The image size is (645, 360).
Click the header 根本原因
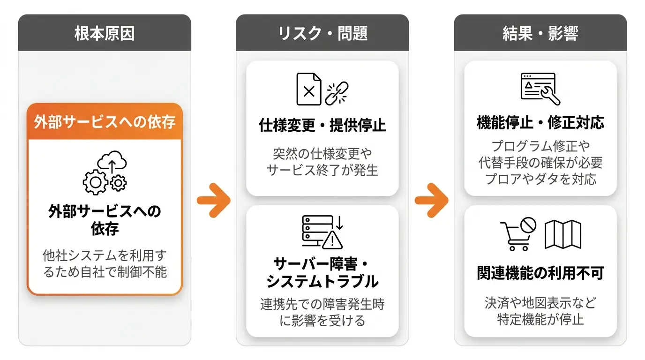point(105,33)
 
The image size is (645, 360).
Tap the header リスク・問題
point(322,33)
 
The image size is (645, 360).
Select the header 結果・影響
point(540,33)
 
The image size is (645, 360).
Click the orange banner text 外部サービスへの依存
point(105,122)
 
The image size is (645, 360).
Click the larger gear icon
point(96,182)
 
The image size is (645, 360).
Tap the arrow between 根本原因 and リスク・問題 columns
point(214,201)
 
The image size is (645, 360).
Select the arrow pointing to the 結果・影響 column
point(432,201)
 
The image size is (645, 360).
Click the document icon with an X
point(309,89)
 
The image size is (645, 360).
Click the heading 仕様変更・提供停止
point(322,125)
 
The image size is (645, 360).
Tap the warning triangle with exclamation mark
point(332,240)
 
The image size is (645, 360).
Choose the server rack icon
point(317,231)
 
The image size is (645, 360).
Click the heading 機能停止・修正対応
point(540,122)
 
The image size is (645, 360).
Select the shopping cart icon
point(516,236)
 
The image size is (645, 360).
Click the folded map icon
point(563,234)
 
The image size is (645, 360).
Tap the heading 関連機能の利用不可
point(540,273)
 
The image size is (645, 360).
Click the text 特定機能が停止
point(540,319)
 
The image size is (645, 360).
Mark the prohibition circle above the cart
point(528,225)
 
